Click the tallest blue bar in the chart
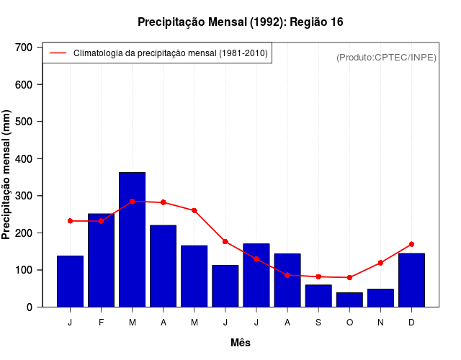pos(132,240)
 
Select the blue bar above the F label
pos(101,261)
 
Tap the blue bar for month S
pos(318,296)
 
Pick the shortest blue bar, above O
pos(349,300)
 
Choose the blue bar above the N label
pos(380,298)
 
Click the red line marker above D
pos(411,244)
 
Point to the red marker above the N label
pos(380,263)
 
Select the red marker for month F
pos(101,221)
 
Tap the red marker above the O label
pos(349,277)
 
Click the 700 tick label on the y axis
pos(24,48)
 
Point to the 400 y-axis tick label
pos(24,158)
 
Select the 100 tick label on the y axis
pos(24,270)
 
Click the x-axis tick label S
pos(318,323)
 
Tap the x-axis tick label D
pos(411,323)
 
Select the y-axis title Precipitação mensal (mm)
pos(7,175)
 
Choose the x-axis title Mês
pos(241,343)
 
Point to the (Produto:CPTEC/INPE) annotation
pos(386,57)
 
